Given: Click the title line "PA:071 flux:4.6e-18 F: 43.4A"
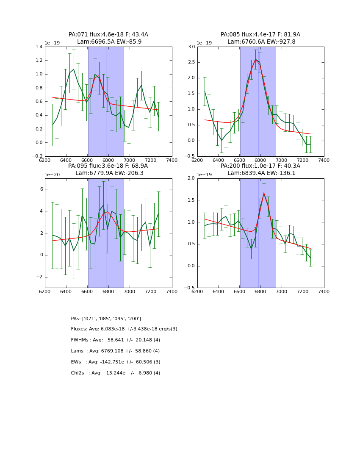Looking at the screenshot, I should (108, 35).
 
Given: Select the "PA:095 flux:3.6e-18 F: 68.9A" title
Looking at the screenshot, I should (108, 166).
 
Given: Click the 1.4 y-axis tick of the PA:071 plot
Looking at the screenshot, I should (39, 47).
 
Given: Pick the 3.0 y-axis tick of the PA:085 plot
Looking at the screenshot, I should (191, 47).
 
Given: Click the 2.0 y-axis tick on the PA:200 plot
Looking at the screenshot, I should (191, 178).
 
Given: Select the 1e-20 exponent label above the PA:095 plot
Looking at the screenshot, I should (52, 175).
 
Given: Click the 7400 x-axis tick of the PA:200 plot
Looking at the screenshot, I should (324, 291).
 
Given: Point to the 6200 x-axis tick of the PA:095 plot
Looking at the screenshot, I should (45, 291).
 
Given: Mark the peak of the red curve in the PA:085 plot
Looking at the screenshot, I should (255, 59).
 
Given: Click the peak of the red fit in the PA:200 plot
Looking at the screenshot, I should (264, 193).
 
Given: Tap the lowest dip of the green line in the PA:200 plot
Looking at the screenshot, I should (251, 249).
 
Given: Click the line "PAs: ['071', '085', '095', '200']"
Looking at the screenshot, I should (106, 319).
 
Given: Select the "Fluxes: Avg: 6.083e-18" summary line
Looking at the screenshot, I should (124, 329).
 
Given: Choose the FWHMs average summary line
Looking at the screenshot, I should (115, 340).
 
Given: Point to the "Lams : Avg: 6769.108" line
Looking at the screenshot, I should (115, 351).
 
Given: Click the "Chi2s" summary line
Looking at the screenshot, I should (115, 373).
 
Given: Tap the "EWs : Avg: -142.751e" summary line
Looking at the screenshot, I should (115, 362).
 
